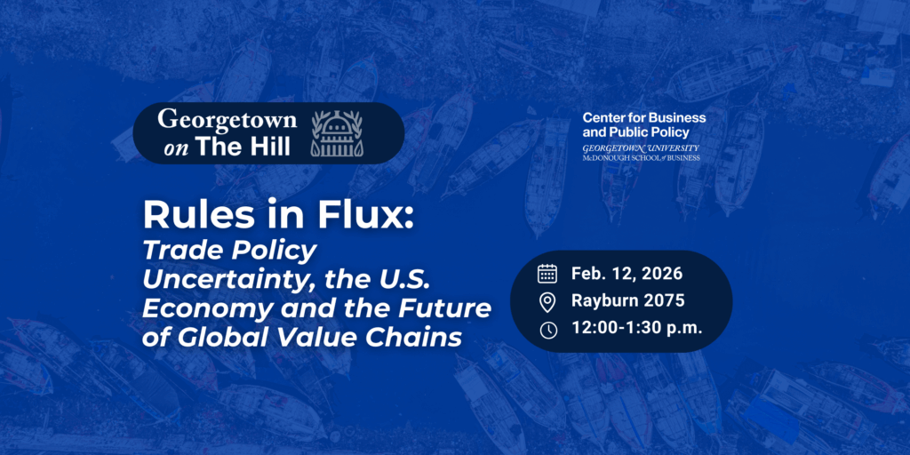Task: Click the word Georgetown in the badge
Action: [227, 120]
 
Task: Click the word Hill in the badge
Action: [266, 147]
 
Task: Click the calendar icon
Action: [547, 273]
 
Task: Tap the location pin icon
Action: [547, 301]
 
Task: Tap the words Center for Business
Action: [644, 117]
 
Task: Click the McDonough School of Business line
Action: [641, 157]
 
